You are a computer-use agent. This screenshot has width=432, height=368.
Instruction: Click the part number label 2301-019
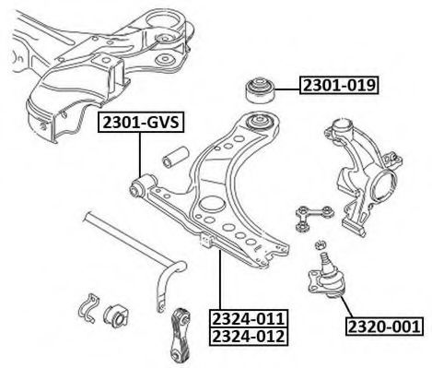(x=339, y=85)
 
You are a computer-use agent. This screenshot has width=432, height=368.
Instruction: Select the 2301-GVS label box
(x=141, y=123)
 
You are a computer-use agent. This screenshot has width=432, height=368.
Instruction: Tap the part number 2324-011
(x=249, y=319)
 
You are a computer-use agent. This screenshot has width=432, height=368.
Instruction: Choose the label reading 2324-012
(x=249, y=337)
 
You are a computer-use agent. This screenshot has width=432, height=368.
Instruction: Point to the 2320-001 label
(x=384, y=326)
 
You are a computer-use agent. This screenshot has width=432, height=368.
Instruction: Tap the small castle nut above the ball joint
(x=321, y=244)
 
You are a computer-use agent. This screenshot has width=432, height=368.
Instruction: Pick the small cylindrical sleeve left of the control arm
(x=176, y=157)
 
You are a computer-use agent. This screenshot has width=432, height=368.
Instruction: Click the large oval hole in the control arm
(x=211, y=204)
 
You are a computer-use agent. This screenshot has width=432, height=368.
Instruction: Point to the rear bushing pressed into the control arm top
(x=261, y=122)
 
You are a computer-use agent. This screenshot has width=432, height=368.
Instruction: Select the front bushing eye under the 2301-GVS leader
(x=142, y=185)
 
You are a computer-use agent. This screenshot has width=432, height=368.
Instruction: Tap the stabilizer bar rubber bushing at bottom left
(x=115, y=316)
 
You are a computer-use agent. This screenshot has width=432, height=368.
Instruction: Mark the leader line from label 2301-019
(x=287, y=89)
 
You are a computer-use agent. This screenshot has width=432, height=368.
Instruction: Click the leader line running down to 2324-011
(x=220, y=280)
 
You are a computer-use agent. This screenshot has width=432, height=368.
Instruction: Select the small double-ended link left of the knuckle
(x=314, y=219)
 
